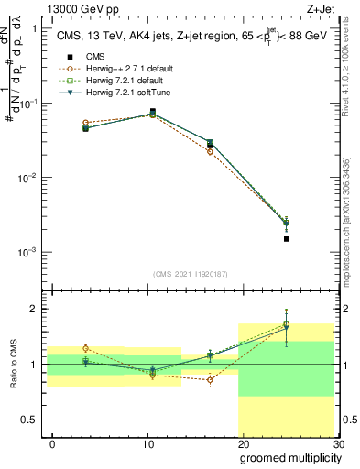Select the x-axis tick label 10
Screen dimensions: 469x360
coord(147,443)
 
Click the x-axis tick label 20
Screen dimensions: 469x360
coord(243,443)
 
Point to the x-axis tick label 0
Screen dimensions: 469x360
coord(52,443)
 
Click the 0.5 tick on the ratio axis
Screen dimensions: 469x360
coord(32,420)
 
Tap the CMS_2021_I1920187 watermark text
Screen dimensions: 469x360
coord(190,274)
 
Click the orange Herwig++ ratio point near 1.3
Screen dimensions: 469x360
coord(85,348)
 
